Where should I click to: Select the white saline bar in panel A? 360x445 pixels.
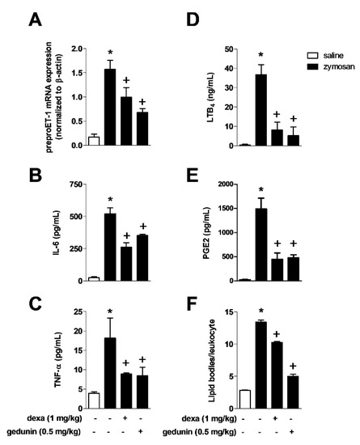pyautogui.click(x=95, y=141)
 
